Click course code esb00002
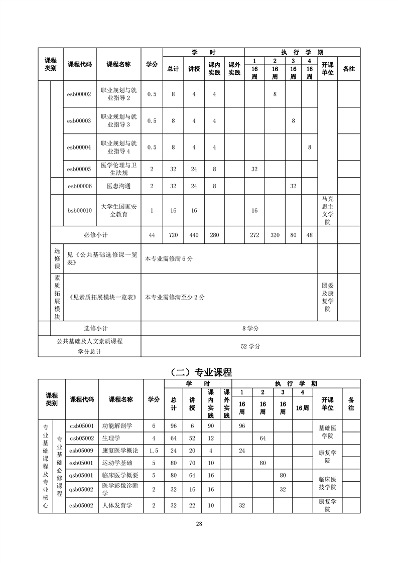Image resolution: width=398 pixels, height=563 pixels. click(79, 94)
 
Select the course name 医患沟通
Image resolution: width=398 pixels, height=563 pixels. click(118, 186)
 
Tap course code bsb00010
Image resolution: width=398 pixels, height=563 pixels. click(79, 210)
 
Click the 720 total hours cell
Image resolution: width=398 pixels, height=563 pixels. click(173, 235)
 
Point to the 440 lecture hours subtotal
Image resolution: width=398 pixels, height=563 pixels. click(194, 235)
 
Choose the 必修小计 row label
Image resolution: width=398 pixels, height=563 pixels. click(95, 235)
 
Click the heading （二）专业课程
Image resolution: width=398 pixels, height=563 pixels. click(199, 372)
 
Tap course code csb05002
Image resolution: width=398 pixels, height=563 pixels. click(82, 438)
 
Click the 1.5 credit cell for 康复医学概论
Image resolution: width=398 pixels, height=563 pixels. click(154, 450)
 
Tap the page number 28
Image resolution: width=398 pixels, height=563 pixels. click(199, 524)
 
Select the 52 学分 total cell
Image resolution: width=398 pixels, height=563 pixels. click(250, 346)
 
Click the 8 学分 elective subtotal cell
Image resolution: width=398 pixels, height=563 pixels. click(250, 328)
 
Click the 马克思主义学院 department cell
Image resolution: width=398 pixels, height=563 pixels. click(327, 210)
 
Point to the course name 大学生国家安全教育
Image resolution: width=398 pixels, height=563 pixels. click(118, 210)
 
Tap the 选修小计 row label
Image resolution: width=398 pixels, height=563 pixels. click(95, 328)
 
